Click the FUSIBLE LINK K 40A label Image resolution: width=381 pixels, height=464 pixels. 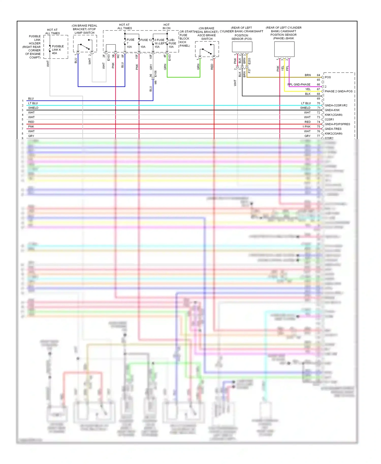click(x=58, y=50)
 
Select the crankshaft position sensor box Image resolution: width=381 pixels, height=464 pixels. click(x=242, y=47)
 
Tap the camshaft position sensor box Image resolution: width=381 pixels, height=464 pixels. click(x=284, y=49)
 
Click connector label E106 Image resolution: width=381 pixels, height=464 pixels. click(x=155, y=74)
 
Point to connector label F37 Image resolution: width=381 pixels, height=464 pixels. click(x=249, y=71)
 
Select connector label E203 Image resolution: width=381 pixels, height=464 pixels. click(x=249, y=61)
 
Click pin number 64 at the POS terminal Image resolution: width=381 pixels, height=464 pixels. click(x=318, y=75)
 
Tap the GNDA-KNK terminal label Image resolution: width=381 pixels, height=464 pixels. click(x=332, y=110)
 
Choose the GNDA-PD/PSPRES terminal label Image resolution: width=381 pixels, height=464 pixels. click(x=337, y=124)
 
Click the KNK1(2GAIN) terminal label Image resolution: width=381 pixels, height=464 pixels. click(x=334, y=115)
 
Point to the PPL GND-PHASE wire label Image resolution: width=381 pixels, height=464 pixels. click(x=299, y=85)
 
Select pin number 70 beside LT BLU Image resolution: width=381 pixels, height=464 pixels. click(x=318, y=103)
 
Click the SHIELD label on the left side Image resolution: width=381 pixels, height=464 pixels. click(x=33, y=108)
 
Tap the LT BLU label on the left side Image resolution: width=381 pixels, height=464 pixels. click(x=33, y=103)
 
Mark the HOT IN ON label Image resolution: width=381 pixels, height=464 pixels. click(x=166, y=26)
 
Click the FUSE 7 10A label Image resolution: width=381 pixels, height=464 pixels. click(x=130, y=43)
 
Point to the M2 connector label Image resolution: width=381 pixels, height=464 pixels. click(x=118, y=56)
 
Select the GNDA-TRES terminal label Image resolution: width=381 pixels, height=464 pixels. click(x=333, y=129)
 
